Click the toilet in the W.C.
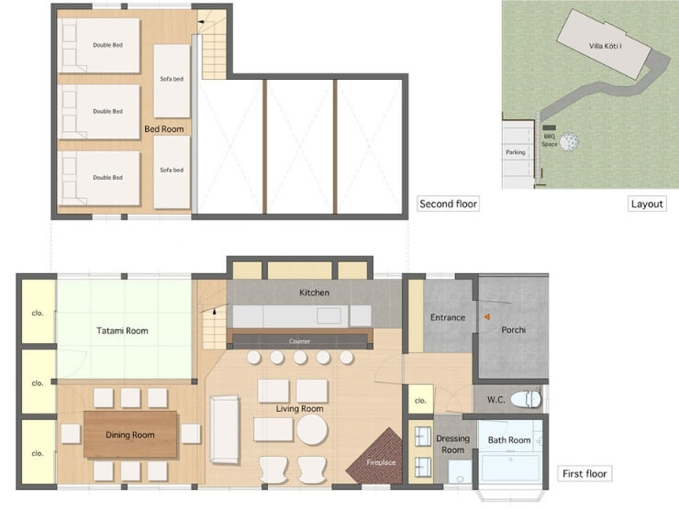(x=526, y=399)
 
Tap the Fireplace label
(x=381, y=462)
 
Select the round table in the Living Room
(x=312, y=430)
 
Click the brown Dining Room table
(x=130, y=435)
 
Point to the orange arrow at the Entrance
(x=487, y=316)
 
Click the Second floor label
(x=448, y=204)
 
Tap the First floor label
(x=584, y=473)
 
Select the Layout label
(x=647, y=204)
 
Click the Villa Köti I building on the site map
(x=604, y=44)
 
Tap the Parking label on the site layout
(x=516, y=152)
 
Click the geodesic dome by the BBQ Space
(x=569, y=141)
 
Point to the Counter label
(x=300, y=341)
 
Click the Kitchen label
(x=315, y=293)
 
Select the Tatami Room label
(x=123, y=331)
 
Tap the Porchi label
(x=514, y=330)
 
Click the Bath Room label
(x=509, y=440)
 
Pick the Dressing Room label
(x=453, y=444)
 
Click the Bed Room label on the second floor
(x=164, y=129)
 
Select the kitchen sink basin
(x=328, y=315)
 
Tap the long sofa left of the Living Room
(x=225, y=429)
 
